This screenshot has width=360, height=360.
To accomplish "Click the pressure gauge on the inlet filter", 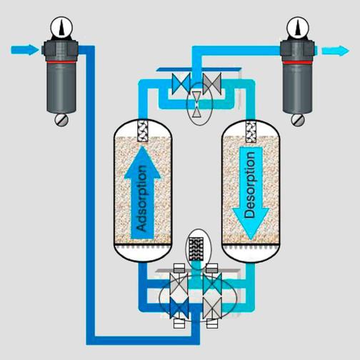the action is click(61, 27).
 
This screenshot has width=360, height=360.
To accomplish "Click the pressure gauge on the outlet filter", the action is click(298, 27).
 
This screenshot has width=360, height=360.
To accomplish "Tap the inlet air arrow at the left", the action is click(25, 50).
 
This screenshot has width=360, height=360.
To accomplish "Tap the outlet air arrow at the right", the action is click(336, 51).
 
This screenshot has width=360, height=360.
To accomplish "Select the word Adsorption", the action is click(142, 198).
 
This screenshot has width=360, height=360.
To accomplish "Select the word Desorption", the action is click(250, 185).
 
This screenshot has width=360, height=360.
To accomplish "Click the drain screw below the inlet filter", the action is click(61, 120).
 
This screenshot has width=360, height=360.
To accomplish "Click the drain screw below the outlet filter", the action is click(298, 120).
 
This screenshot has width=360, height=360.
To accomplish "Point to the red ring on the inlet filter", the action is click(61, 62).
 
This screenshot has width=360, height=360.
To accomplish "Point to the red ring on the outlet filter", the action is click(297, 63).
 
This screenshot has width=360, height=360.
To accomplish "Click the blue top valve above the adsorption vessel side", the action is click(181, 84).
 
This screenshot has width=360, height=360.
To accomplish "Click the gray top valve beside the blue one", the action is click(212, 84).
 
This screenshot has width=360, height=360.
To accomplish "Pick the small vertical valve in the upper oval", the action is click(196, 104).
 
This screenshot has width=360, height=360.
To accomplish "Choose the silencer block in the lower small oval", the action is click(196, 249).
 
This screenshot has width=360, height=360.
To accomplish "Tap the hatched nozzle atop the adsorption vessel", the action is click(143, 131).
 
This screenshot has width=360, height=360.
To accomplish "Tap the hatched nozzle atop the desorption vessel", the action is click(251, 132).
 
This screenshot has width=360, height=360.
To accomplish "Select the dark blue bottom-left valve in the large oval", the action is click(179, 309).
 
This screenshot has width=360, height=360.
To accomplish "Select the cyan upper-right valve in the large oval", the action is click(212, 284).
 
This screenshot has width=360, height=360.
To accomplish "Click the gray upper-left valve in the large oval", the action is click(179, 284).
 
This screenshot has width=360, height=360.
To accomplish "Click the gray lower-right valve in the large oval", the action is click(212, 309).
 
